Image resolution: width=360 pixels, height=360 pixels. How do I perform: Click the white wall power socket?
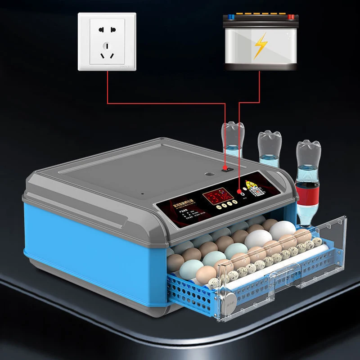point(107,41)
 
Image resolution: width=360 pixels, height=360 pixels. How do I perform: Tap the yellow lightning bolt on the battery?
point(260,45)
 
